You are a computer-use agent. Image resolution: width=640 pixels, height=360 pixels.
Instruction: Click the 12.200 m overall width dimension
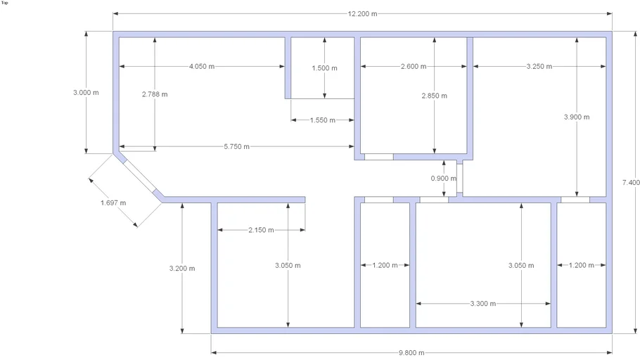[x=362, y=14]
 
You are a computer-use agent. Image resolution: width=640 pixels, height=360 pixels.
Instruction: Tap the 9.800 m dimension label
[x=411, y=353]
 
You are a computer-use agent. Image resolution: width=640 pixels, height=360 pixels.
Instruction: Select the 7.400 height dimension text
[x=631, y=182]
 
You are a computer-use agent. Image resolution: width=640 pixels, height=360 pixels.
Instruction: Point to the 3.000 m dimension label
[x=86, y=93]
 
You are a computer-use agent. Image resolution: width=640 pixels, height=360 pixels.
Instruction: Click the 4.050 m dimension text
[x=202, y=67]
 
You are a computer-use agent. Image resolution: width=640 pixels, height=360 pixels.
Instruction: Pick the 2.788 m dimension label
[x=155, y=94]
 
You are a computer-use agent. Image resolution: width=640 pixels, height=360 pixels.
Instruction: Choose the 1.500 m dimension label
[x=324, y=68]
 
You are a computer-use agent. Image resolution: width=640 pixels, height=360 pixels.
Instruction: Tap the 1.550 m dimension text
[x=322, y=120]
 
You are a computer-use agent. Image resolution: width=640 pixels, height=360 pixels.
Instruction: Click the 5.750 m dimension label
[x=236, y=146]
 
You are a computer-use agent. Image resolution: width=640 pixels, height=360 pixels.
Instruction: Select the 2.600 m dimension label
[x=414, y=67]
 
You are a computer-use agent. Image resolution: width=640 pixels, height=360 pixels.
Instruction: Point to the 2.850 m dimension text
[x=435, y=96]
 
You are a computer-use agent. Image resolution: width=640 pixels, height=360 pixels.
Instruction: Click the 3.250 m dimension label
[x=539, y=67]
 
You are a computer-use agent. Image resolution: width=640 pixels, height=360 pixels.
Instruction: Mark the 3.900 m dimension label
[x=577, y=117]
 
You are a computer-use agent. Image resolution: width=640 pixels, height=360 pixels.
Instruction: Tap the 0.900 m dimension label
[x=444, y=179]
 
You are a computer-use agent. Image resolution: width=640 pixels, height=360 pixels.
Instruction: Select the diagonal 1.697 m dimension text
[x=113, y=203]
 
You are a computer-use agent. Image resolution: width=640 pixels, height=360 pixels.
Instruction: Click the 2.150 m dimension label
[x=261, y=230]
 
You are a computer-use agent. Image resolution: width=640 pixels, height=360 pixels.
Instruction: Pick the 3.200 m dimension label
[x=182, y=269]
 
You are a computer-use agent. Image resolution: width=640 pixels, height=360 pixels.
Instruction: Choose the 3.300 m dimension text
[x=483, y=304]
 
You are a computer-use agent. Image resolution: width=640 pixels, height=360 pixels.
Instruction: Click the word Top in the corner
[x=4, y=3]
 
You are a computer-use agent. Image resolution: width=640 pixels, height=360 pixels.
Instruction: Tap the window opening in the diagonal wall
[x=139, y=176]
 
